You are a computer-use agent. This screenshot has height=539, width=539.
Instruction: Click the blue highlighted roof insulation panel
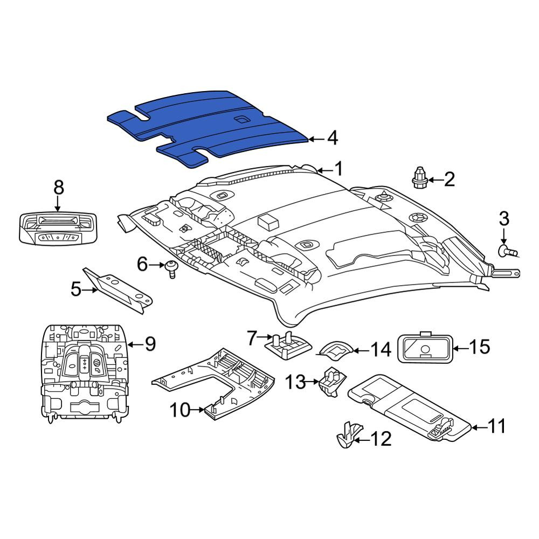point(206,128)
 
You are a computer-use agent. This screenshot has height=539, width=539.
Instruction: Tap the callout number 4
point(333,139)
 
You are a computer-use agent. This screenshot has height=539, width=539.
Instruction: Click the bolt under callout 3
point(508,252)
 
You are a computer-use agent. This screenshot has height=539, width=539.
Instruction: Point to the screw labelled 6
point(171,268)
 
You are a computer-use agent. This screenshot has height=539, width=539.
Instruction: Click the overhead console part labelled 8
point(58,229)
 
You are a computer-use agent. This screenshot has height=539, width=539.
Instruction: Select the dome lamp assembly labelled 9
point(84,374)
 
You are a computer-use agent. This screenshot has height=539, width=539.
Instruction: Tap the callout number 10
point(180,410)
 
